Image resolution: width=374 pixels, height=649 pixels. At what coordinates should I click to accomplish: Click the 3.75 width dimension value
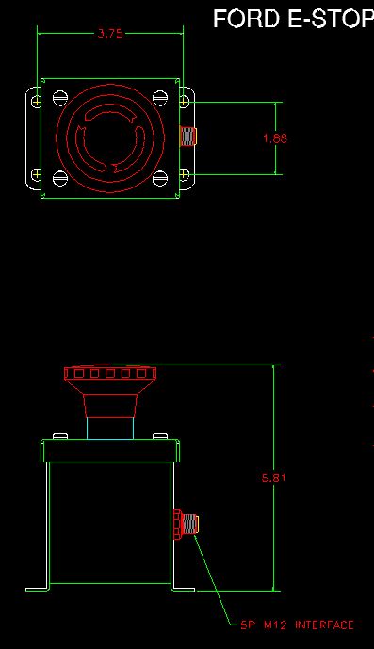tap(110, 34)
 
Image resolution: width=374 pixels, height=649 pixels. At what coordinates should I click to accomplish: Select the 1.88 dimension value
tap(275, 138)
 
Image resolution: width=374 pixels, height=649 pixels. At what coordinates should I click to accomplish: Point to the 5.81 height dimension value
tap(274, 478)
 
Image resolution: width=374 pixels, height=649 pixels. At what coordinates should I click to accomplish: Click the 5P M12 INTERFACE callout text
tap(298, 625)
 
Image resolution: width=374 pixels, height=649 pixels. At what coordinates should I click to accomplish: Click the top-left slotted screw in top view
tap(60, 98)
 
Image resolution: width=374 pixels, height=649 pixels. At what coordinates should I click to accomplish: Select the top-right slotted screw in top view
tap(160, 98)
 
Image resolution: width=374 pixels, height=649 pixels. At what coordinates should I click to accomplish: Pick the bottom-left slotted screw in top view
tap(60, 178)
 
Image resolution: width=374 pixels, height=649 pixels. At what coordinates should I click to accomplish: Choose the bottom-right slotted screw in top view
tap(160, 178)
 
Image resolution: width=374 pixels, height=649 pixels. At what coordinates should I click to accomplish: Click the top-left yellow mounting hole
tap(37, 102)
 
